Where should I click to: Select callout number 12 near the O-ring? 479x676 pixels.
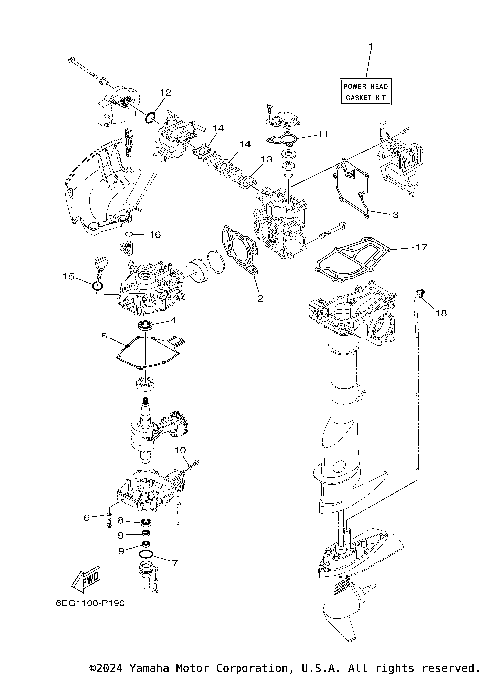click(165, 93)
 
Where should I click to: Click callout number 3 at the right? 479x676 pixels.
click(394, 214)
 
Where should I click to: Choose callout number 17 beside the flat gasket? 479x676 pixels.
click(422, 246)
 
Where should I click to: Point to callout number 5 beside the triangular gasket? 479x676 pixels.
click(103, 338)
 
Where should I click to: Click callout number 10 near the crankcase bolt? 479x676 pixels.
click(181, 450)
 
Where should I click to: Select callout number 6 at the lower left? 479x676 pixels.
click(86, 517)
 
